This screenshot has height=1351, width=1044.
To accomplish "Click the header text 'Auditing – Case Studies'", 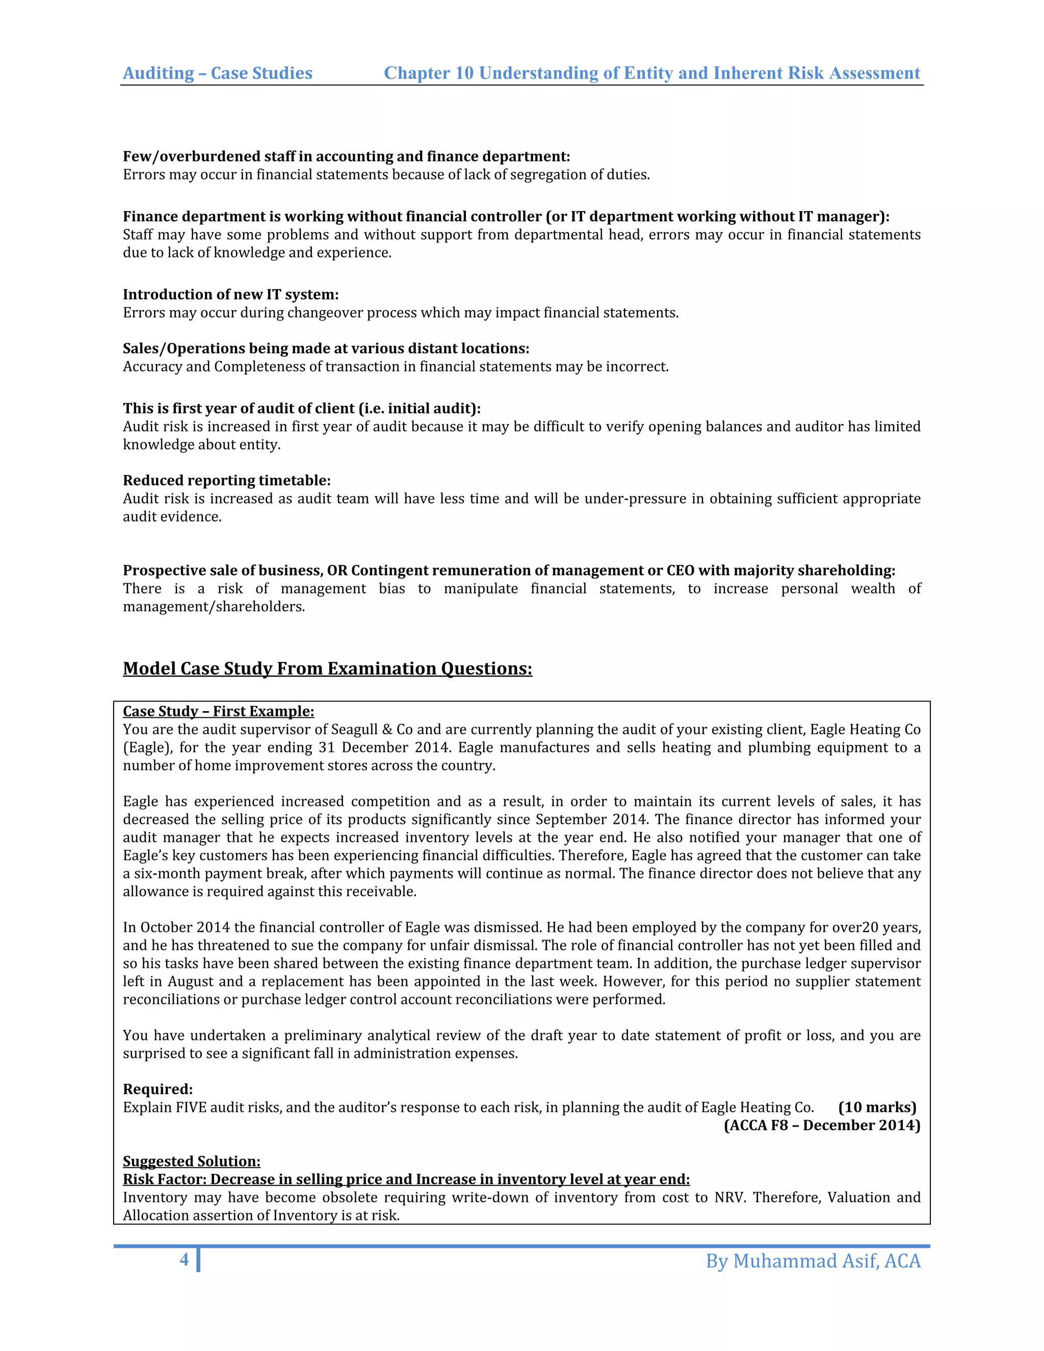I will point(218,73).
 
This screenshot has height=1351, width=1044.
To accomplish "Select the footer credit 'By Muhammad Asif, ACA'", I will point(813,1261).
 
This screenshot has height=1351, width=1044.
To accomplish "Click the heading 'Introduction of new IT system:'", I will point(231,295).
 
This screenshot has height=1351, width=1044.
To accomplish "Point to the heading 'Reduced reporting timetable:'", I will point(226,481).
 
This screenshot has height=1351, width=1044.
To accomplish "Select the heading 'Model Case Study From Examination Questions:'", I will point(327,669).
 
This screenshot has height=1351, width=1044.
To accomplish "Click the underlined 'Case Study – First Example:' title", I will point(218,711).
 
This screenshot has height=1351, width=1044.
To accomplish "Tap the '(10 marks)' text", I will point(877,1107).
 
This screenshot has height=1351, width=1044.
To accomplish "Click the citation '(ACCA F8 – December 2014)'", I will point(822,1125).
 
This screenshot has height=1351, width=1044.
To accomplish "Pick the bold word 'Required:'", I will point(158,1089).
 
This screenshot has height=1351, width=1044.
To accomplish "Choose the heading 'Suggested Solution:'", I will point(192,1161).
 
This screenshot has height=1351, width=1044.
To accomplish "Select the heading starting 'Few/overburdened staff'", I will point(346,157).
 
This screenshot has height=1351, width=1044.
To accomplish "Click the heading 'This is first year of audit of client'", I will point(301,408).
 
